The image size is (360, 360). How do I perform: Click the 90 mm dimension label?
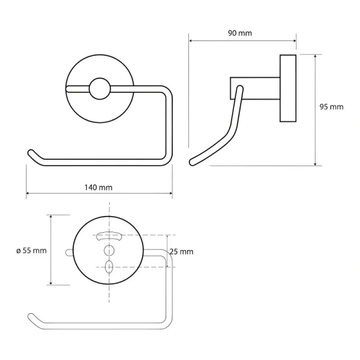coord(239,33)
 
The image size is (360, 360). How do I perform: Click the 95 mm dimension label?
coord(331,107)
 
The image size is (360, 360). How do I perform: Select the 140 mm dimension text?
coord(98,188)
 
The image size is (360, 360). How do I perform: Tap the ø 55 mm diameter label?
coord(31,250)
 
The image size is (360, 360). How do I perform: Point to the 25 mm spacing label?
coord(181,252)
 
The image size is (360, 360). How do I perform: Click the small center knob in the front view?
coord(100,89)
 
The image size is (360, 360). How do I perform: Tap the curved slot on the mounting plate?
coord(109,236)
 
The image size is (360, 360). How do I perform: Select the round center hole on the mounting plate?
coord(109,250)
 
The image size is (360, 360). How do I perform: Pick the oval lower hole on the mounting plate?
coord(109,267)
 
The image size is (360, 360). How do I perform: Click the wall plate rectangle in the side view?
coord(288,88)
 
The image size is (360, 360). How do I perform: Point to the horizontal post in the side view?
coord(255,88)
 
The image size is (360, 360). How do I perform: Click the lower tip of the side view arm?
coord(193,162)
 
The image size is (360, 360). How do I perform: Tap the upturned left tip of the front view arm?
coord(31,152)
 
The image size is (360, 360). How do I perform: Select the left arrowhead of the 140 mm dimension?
coord(28,194)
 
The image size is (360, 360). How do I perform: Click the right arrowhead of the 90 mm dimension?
coord(295,41)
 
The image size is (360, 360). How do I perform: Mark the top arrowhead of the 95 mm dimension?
coord(316,56)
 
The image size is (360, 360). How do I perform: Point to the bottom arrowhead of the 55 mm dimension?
coord(51,283)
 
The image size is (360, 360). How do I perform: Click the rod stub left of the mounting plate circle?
coord(69,252)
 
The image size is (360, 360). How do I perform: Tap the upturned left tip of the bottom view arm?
coord(31,316)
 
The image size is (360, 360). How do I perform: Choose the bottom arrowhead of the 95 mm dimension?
coord(316,163)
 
